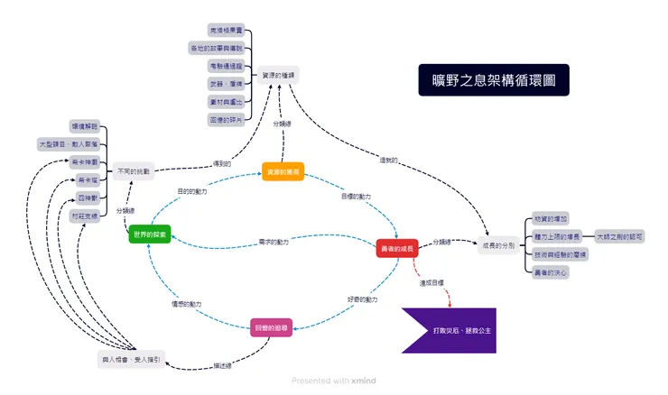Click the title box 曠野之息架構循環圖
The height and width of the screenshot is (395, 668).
coord(494,79)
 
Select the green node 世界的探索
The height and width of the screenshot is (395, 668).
coord(149,234)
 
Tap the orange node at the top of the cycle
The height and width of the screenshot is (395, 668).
coord(283,171)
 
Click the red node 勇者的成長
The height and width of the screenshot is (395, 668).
coord(396,249)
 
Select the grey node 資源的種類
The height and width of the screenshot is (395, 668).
coord(279,75)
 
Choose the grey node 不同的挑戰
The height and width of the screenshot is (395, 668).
coord(135,170)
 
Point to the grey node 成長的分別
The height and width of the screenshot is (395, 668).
coord(497,245)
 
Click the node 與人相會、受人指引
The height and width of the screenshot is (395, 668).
coord(130,359)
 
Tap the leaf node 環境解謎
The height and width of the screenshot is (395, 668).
coord(84,126)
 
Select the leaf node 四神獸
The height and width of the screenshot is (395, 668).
coord(88,197)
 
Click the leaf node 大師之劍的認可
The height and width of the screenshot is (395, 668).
coord(620,236)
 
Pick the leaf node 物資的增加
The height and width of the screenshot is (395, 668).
coord(551,219)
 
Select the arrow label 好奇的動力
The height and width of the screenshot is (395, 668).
coord(363,299)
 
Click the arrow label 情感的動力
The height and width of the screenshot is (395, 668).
coord(187,304)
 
